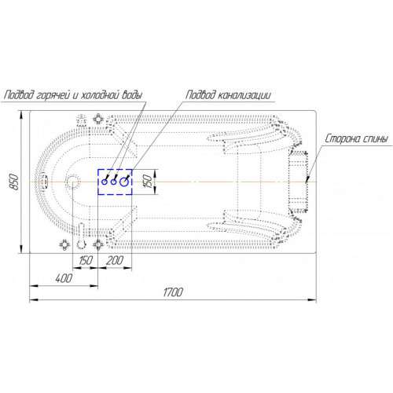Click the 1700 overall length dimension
tap(173, 292)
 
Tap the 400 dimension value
tap(64, 278)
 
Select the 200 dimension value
tap(115, 260)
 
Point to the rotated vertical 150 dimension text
tap(149, 182)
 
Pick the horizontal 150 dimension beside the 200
tap(86, 260)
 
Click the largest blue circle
tap(124, 182)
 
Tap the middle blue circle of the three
tap(113, 182)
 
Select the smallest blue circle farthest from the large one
tap(105, 182)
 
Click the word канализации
tap(244, 95)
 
